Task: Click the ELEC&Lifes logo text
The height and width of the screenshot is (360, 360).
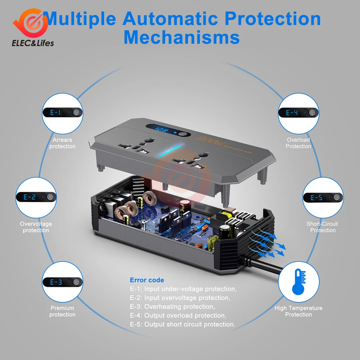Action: pos(33,43)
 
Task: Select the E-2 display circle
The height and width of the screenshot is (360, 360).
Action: pos(36,197)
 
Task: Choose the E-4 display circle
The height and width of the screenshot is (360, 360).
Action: pos(298,113)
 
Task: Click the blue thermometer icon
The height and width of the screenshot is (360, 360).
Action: pos(298,282)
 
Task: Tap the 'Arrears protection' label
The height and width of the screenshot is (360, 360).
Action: pos(62,143)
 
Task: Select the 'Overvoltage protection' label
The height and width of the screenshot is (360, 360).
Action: pos(36,227)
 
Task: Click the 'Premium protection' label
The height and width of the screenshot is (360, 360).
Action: pos(62,311)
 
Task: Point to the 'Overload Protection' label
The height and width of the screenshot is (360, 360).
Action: pos(298,143)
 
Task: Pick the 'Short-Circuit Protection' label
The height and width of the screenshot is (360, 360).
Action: pos(323,227)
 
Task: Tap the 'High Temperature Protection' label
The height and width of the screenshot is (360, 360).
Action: pos(298,311)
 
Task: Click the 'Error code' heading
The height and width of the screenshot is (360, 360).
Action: pos(147,280)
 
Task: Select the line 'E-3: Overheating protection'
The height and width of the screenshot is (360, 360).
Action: pos(172,307)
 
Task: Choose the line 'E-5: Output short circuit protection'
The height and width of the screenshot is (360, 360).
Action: pos(183,324)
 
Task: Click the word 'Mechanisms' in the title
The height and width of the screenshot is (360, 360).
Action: pos(182,37)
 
